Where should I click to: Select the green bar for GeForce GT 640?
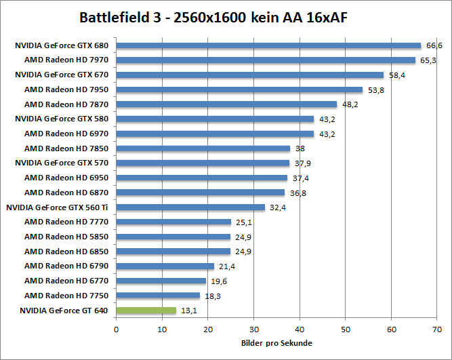click(146, 311)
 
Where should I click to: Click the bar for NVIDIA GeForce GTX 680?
click(268, 46)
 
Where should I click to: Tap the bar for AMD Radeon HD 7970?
click(266, 60)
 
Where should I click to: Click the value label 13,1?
click(188, 311)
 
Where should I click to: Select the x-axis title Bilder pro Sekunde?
click(276, 344)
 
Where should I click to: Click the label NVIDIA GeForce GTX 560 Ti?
click(58, 207)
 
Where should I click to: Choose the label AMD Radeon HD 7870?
click(66, 104)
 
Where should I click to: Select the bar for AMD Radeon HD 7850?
click(203, 148)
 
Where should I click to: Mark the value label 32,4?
click(277, 207)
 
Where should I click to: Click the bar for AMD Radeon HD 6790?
click(165, 266)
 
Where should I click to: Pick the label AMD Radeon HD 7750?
click(66, 296)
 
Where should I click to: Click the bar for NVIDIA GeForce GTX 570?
click(203, 163)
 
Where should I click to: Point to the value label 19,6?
click(218, 281)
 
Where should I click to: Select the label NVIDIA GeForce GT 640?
click(63, 311)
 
